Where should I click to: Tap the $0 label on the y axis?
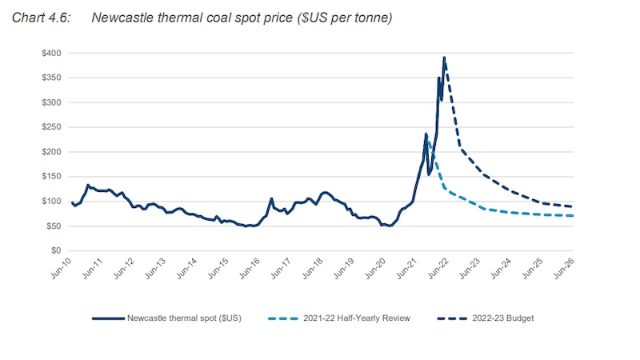[x=58, y=250]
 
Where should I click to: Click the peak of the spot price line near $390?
[x=444, y=58]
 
